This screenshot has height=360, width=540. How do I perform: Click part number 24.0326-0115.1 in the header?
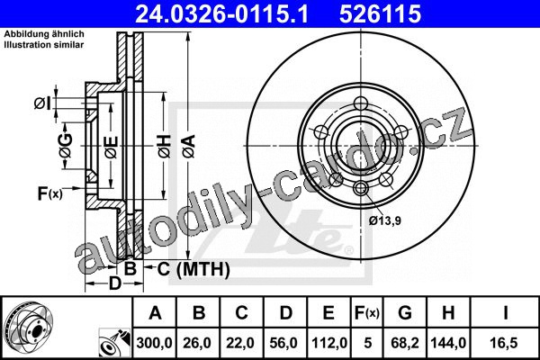point(221,13)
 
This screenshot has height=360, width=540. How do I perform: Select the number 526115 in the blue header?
point(380,13)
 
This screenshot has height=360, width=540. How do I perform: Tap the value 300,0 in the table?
point(154,343)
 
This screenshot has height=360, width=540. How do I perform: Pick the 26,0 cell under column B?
point(197,343)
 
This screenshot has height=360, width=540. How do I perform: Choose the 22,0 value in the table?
point(240,343)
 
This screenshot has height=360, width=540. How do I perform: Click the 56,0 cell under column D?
point(283,343)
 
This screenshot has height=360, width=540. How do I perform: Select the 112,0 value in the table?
point(328,343)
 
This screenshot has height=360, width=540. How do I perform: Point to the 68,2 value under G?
point(405,343)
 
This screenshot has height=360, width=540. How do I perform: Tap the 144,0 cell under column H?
point(448,343)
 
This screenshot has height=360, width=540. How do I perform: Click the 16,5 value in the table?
point(504,343)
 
